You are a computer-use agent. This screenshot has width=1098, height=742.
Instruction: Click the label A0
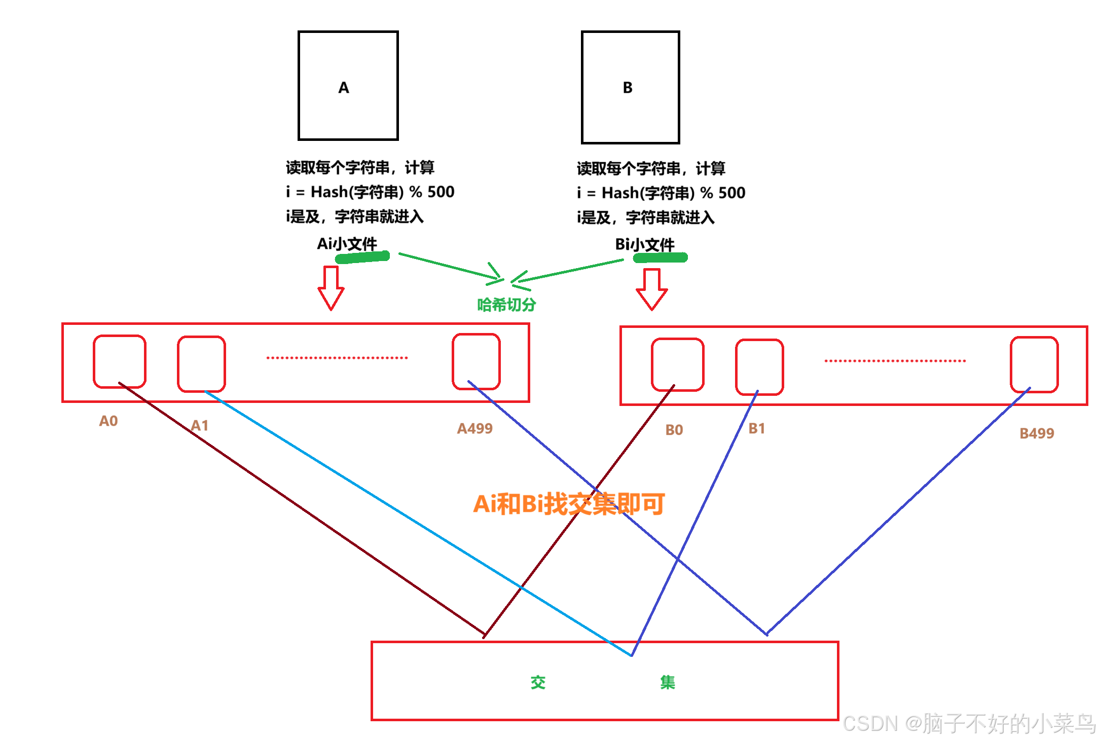[x=108, y=421]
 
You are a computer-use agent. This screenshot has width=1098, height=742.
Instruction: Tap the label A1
[x=200, y=426]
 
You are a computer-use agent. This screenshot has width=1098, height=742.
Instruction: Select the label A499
[x=474, y=429]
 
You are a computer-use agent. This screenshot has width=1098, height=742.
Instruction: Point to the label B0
[x=674, y=430]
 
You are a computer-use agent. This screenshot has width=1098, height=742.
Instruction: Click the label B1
[x=757, y=429]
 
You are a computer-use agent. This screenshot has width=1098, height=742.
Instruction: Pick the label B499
[x=1037, y=433]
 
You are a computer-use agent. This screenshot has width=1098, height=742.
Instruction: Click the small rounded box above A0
[x=120, y=361]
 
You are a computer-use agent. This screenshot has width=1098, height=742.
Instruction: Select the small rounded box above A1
[x=201, y=364]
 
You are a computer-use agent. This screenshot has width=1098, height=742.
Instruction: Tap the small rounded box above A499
[x=476, y=361]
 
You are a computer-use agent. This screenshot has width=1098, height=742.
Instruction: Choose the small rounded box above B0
[x=677, y=364]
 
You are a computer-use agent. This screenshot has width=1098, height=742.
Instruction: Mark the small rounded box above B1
[x=759, y=367]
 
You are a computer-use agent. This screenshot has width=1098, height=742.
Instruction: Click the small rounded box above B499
[x=1034, y=364]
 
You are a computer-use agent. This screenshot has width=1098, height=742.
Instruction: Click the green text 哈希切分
[x=506, y=305]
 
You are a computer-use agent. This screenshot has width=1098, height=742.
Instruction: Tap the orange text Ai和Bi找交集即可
[x=569, y=504]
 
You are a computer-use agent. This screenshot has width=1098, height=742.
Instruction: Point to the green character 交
[x=538, y=682]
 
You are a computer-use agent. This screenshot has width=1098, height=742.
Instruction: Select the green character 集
[x=668, y=682]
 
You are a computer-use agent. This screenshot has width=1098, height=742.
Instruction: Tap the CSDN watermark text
[x=968, y=723]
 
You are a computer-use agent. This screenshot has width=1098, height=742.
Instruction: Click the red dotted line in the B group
[x=895, y=361]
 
